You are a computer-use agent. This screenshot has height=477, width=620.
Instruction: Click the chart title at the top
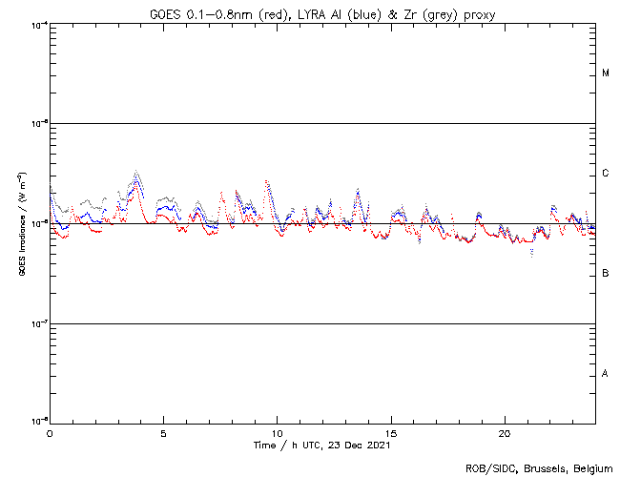(322, 12)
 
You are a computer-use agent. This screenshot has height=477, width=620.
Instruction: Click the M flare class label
(606, 73)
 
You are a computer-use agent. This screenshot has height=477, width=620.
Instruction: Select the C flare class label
(606, 174)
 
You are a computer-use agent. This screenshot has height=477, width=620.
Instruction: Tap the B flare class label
(606, 274)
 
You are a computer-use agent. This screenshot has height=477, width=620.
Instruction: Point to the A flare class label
(606, 374)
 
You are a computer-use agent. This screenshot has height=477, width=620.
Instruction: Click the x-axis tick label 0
(50, 433)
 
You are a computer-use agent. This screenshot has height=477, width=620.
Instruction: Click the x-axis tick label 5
(163, 433)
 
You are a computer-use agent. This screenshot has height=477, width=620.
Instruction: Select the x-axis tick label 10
(277, 433)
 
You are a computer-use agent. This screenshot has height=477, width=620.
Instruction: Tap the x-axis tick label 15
(390, 433)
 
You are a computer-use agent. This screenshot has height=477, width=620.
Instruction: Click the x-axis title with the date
(322, 446)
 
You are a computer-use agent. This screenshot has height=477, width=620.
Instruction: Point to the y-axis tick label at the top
(39, 24)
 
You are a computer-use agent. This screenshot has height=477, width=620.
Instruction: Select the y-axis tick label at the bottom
(39, 423)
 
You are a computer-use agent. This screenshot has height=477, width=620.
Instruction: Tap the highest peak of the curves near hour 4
(137, 173)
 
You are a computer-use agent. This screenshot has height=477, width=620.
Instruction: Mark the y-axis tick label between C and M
(39, 124)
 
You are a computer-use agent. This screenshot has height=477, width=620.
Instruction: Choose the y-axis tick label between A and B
(39, 323)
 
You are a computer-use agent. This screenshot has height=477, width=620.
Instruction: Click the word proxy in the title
(479, 13)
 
